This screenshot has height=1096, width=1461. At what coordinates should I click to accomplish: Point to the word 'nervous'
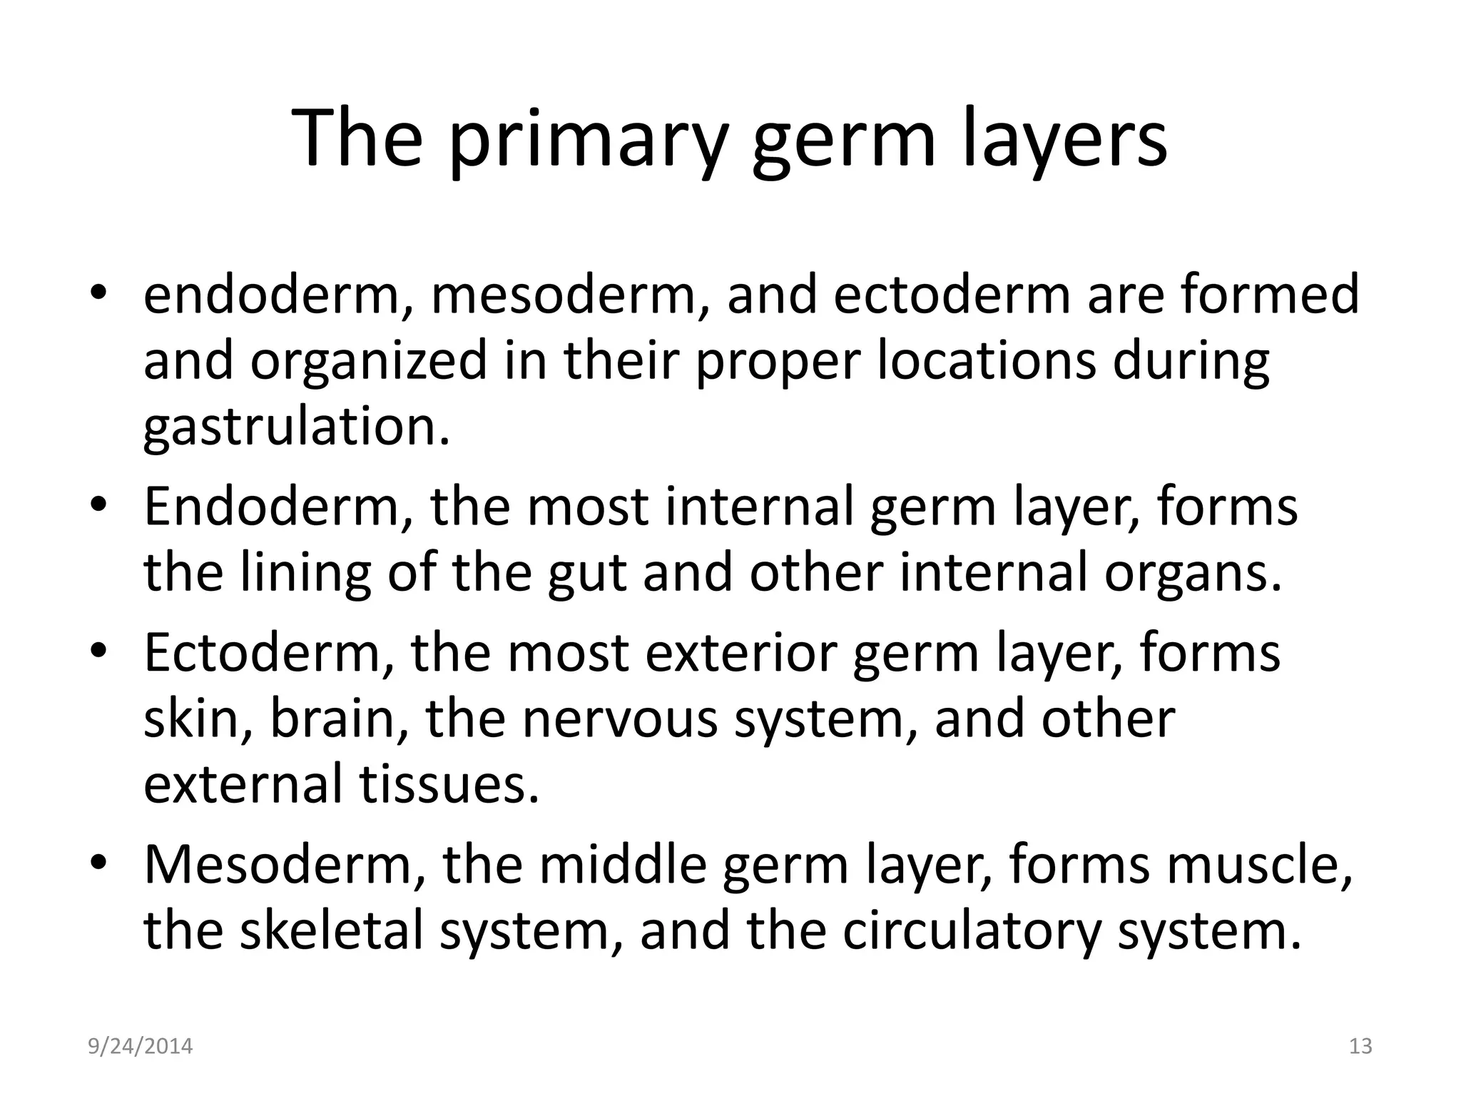coord(620,719)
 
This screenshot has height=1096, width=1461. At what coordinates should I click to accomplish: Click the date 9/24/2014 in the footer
coord(141,1047)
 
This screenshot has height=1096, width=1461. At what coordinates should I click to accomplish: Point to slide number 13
coord(1361,1047)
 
